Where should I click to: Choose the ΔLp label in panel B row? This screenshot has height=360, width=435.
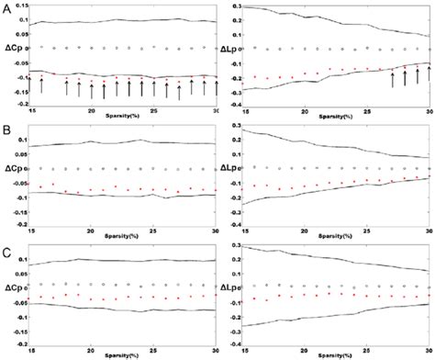point(231,169)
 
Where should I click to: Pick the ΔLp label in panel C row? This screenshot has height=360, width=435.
point(231,288)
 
